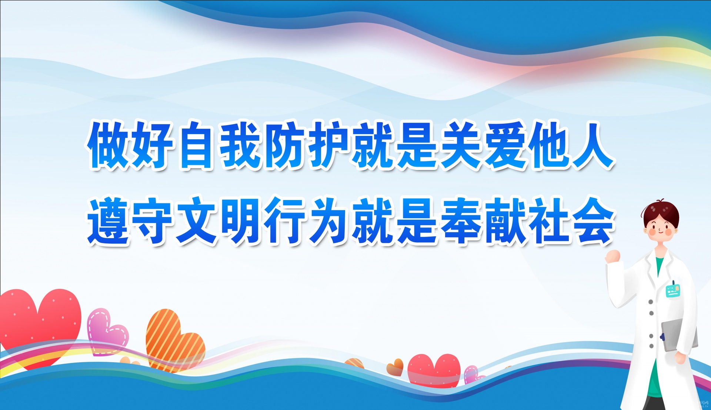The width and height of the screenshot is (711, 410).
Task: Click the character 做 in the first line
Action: [109, 145]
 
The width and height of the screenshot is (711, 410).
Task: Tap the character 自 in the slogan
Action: [197, 145]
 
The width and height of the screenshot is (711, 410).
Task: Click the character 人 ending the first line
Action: [592, 145]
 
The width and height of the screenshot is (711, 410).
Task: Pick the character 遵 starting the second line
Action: [109, 221]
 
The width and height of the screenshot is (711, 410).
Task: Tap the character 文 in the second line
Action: [197, 221]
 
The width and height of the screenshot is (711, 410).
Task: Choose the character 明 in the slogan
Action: [241, 221]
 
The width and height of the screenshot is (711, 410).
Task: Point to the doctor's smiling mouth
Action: [660, 231]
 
